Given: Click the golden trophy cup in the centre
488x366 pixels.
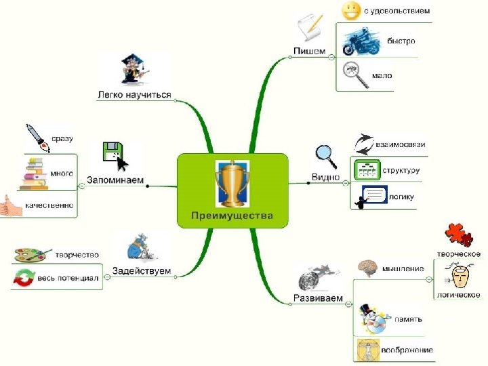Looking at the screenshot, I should (x=232, y=183).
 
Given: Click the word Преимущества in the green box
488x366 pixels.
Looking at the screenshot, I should (x=232, y=216).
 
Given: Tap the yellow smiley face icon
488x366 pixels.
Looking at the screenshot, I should (x=351, y=10).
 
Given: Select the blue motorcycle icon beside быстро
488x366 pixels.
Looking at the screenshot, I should (x=357, y=41).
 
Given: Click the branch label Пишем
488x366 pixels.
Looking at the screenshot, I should (x=309, y=51).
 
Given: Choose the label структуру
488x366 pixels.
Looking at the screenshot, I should (x=401, y=170).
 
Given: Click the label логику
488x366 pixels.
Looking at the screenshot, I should (x=401, y=197).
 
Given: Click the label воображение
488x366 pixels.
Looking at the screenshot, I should (x=407, y=350).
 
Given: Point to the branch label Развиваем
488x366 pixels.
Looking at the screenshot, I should (x=318, y=298).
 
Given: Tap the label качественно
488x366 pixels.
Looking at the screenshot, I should (x=49, y=204).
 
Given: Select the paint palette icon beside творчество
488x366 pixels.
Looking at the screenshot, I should (x=31, y=255).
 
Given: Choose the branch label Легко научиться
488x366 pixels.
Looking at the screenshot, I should (x=134, y=94).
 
